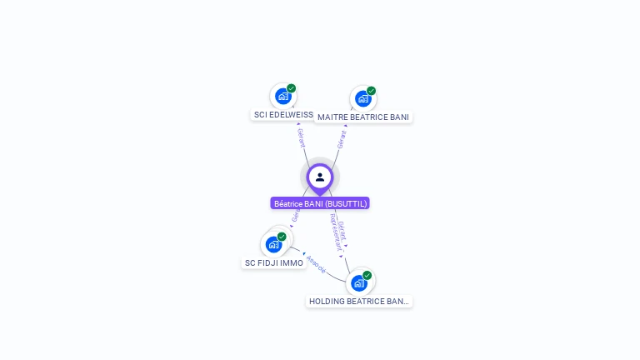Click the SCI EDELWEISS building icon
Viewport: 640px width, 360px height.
click(x=282, y=97)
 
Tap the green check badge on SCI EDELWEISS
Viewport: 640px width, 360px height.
click(x=291, y=88)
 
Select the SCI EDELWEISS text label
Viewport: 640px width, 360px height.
click(x=283, y=114)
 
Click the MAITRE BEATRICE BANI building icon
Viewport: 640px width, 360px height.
click(x=362, y=98)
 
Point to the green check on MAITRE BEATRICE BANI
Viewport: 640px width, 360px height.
click(x=371, y=91)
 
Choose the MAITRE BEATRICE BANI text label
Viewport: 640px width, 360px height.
click(x=363, y=117)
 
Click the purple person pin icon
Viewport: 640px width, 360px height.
click(x=319, y=177)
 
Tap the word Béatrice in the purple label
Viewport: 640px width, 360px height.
click(x=287, y=203)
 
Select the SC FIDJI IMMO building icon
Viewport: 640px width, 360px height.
click(x=273, y=244)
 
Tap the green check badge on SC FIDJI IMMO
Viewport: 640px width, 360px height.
click(x=282, y=237)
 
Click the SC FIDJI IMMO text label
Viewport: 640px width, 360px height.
click(x=273, y=263)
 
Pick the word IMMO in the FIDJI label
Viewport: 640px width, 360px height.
click(x=292, y=263)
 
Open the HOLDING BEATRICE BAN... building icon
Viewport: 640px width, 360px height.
click(x=359, y=283)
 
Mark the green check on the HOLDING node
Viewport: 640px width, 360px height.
click(x=367, y=276)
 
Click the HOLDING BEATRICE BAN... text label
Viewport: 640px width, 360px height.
click(x=359, y=302)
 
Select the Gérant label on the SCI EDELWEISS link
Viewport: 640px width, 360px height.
click(x=301, y=137)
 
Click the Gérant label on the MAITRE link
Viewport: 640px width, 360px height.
click(x=341, y=139)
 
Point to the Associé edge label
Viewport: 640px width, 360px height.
click(x=316, y=264)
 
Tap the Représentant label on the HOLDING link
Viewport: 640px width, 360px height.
click(x=335, y=232)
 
